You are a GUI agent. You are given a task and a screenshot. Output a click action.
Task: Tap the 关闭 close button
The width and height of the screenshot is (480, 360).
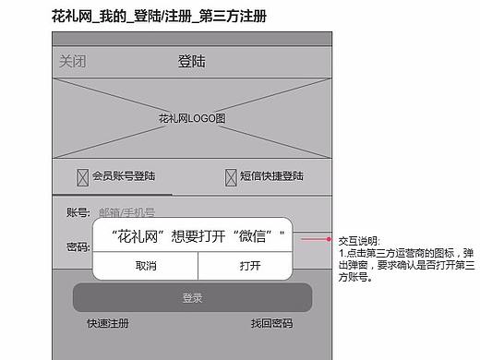73,62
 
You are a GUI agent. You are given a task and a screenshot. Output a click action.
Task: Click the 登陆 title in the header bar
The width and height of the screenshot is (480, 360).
191,62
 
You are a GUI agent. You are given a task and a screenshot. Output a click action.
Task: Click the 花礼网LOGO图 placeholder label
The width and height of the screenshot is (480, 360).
192,119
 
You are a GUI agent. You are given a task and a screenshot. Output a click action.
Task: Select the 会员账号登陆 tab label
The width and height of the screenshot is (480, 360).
124,175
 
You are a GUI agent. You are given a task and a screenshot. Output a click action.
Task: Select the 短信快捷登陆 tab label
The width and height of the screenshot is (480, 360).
271,175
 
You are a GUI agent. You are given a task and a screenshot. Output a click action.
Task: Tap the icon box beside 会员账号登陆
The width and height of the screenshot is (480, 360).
82,175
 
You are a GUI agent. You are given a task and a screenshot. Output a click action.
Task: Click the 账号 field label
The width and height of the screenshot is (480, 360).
78,213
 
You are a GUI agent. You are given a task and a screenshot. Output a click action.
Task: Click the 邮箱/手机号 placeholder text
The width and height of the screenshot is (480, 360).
126,213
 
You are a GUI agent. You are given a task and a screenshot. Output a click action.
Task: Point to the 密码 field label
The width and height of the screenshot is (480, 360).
78,247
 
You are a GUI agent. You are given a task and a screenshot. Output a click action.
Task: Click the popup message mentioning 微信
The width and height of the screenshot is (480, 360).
192,235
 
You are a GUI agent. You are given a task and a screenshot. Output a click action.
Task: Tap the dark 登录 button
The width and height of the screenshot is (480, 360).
192,297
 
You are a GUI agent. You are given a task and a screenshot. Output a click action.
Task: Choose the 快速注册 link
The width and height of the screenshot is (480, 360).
108,324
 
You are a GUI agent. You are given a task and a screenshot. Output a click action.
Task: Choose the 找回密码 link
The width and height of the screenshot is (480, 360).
271,324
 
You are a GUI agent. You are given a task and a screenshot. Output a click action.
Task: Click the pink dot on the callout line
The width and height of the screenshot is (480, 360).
328,239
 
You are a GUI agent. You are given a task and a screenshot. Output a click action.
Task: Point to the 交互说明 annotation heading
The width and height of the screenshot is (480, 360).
358,240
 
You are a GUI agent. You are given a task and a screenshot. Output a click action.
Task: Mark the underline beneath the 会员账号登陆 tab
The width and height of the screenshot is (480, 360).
113,195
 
